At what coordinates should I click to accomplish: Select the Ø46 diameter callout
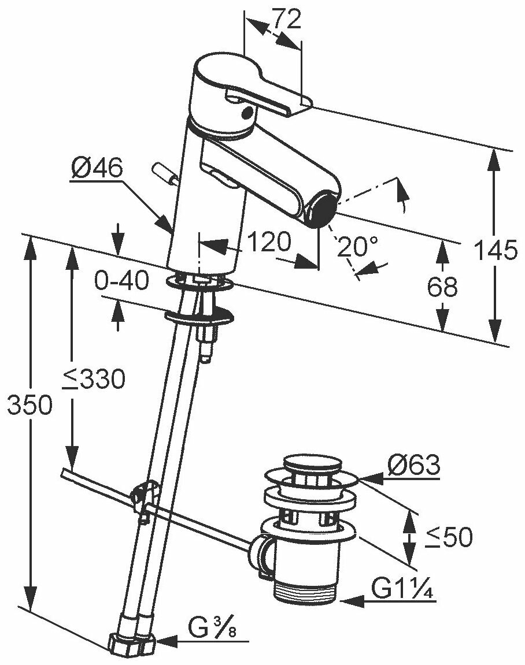pos(97,169)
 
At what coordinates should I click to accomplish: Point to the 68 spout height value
pos(441,287)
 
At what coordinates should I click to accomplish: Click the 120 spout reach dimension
pos(266,243)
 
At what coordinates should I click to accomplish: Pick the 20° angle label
pos(358,247)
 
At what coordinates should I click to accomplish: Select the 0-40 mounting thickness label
pos(121,281)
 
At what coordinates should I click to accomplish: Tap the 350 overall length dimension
pos(29,405)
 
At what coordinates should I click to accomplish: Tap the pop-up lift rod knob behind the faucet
pos(165,174)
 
